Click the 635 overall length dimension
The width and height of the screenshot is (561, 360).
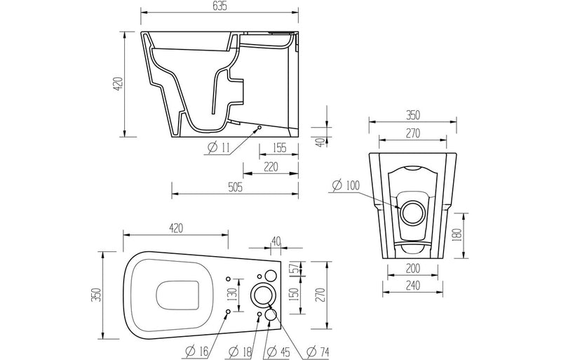point(221,7)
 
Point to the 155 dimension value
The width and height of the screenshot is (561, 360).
point(280,147)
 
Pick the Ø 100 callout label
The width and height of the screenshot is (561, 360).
point(344,185)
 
